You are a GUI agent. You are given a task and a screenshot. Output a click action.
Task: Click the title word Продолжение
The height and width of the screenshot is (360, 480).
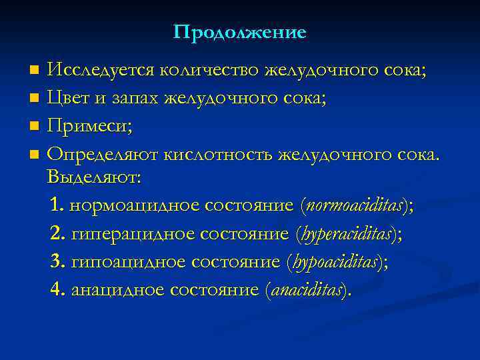pos(240,32)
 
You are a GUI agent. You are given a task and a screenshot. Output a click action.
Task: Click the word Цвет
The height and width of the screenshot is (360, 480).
pos(69,99)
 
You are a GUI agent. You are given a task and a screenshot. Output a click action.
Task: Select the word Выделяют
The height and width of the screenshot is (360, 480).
pos(94,178)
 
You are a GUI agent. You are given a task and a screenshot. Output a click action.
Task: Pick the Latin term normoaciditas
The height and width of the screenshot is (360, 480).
pos(355,206)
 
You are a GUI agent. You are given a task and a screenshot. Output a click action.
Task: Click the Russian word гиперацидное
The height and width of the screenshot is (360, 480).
pos(127,234)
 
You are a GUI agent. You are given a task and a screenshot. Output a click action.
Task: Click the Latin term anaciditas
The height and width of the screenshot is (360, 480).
pos(307,290)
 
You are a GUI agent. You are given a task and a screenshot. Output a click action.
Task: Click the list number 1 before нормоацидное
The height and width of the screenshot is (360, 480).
pos(55,206)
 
